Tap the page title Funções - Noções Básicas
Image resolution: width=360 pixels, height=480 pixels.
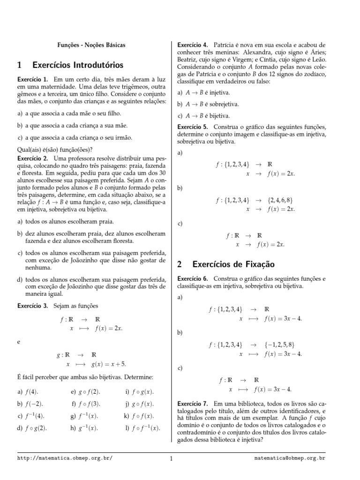[91, 45]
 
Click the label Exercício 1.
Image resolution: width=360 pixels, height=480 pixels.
[32, 80]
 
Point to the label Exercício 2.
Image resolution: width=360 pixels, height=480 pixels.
[32, 158]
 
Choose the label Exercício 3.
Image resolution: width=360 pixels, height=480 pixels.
[32, 306]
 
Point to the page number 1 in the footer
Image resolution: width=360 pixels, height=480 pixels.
[172, 458]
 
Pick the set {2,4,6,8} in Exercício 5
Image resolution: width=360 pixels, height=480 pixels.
[281, 200]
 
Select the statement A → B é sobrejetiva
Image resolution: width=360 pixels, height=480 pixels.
[209, 104]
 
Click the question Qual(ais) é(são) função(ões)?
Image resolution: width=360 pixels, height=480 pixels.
[54, 150]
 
